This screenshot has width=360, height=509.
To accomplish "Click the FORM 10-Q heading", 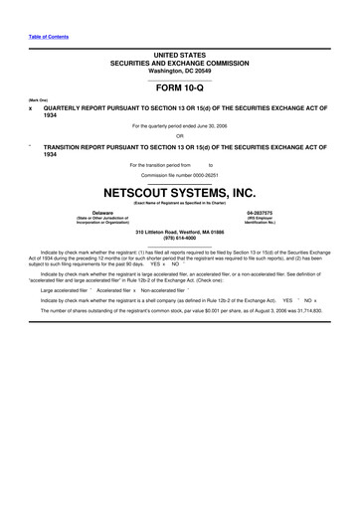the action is [x=179, y=87].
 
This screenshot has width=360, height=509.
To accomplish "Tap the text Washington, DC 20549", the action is [x=179, y=71].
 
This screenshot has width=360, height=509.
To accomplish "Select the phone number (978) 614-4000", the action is [x=179, y=240].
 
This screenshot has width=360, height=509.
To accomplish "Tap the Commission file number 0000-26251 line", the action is [x=179, y=174].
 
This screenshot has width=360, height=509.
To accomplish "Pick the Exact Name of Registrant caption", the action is [x=179, y=203].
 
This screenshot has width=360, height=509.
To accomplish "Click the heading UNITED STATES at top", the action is [x=179, y=53].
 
